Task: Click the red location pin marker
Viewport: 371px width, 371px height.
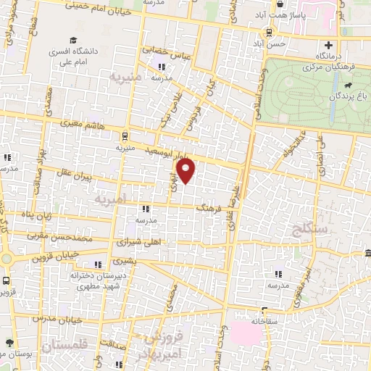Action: (x=187, y=171)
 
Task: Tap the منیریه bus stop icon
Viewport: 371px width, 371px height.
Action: (x=125, y=135)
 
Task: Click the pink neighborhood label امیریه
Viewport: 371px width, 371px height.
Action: (x=115, y=198)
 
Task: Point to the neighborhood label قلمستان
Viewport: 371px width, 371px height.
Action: (x=64, y=348)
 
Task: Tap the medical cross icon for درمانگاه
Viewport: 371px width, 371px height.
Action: (x=329, y=45)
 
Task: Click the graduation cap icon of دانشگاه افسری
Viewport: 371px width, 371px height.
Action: (x=73, y=42)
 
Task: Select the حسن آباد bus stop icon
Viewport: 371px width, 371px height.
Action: (x=270, y=33)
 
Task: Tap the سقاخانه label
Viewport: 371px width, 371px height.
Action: (x=265, y=320)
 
